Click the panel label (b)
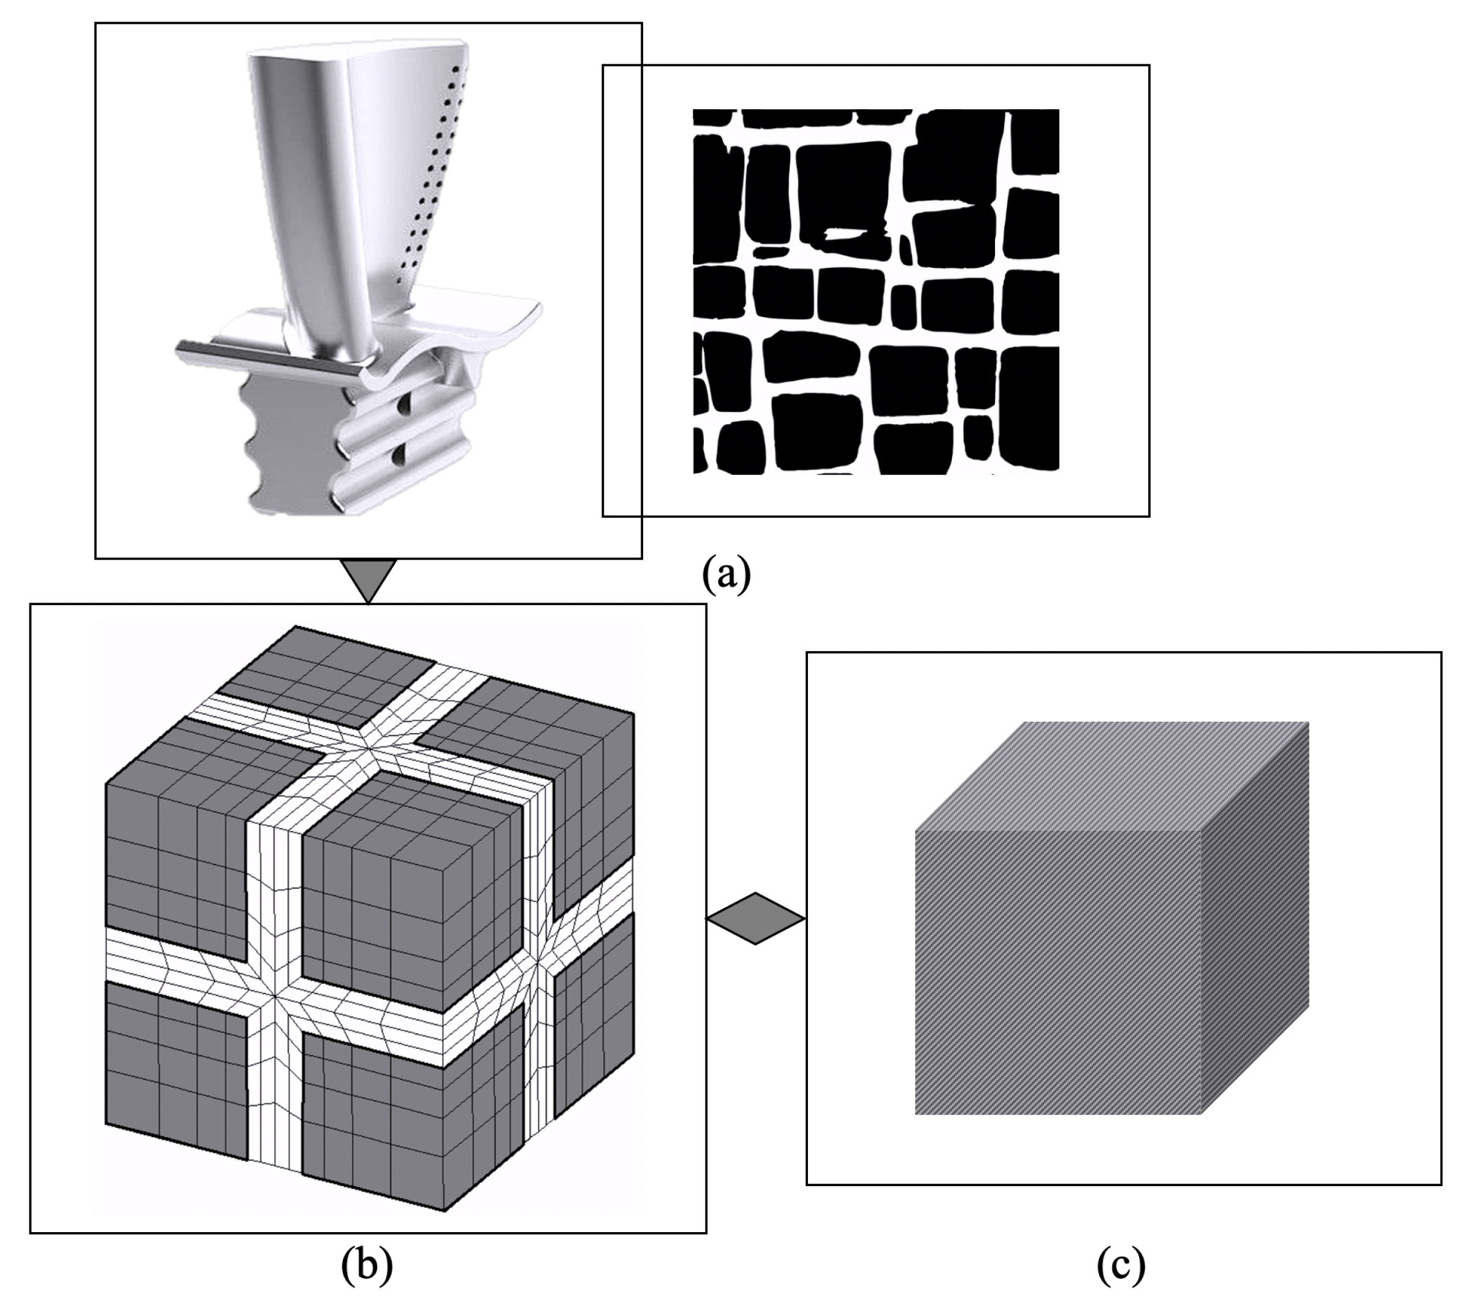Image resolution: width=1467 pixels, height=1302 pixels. (367, 1266)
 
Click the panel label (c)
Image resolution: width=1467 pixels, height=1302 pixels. (1121, 1266)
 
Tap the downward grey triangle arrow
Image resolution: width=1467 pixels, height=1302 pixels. (368, 579)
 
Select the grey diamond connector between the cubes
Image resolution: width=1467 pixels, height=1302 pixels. (755, 918)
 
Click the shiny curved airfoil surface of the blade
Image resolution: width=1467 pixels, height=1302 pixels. (302, 180)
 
